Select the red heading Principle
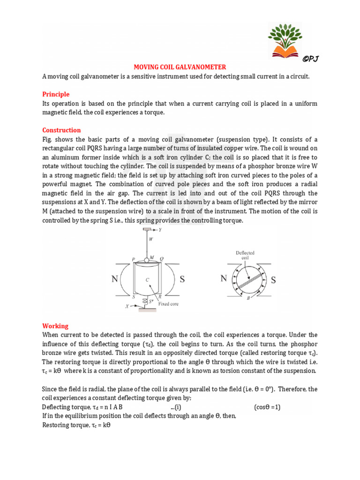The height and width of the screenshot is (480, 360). pos(56,94)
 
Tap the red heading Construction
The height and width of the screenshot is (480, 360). pos(61,130)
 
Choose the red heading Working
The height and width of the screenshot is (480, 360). pos(55,326)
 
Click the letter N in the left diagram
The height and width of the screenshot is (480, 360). pos(114,279)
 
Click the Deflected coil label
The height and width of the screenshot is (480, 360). pos(245,255)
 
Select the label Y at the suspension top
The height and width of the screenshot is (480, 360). pos(160,230)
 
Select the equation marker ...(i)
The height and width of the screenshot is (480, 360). pos(177,407)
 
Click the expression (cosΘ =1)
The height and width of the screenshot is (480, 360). pos(267,407)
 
